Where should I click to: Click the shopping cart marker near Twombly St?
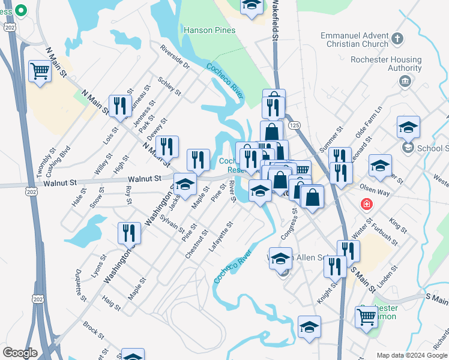40,71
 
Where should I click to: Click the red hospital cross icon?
366,205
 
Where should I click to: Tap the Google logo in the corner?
20,353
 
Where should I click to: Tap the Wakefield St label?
276,21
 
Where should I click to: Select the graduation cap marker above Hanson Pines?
252,5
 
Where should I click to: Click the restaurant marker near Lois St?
120,106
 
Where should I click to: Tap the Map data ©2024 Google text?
412,355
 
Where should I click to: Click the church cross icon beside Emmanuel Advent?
396,40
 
